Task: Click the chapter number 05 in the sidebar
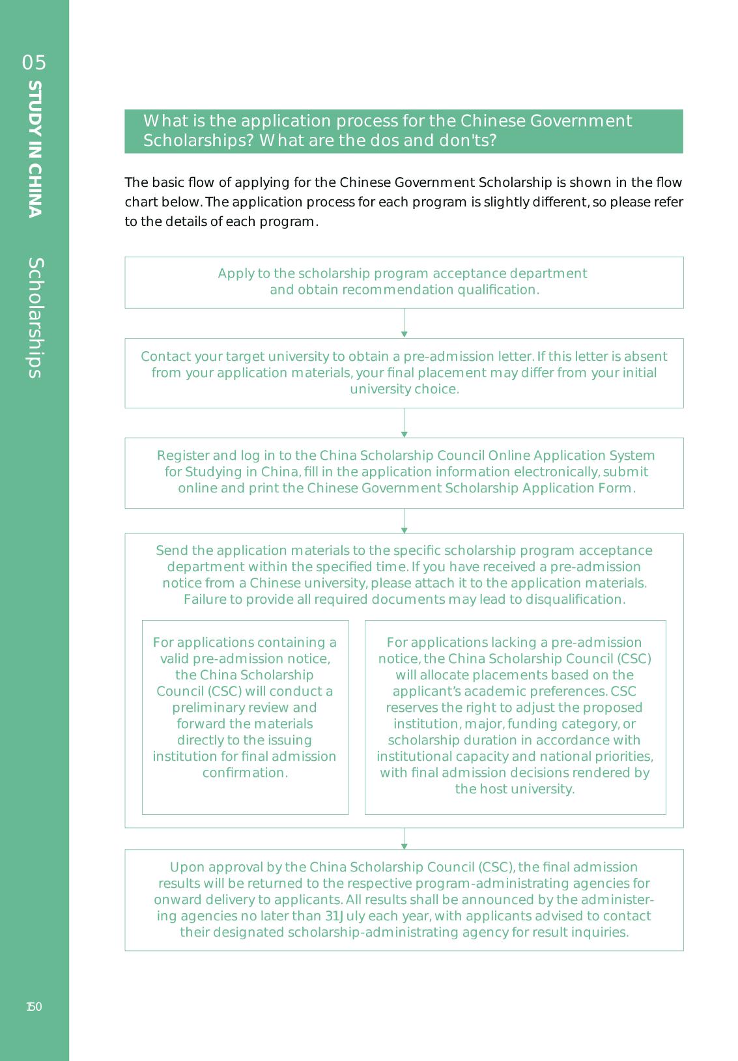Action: (x=35, y=63)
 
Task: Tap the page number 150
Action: (x=34, y=1007)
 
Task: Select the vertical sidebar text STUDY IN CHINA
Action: (x=35, y=149)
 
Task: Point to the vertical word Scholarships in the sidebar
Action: (x=35, y=318)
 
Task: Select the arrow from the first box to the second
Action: (x=404, y=323)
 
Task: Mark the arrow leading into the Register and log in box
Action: (x=404, y=423)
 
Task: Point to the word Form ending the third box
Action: (x=616, y=488)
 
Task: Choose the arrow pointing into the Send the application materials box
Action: (x=404, y=521)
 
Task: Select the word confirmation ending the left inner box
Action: (x=244, y=772)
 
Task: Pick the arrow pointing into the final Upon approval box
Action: (x=404, y=839)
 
